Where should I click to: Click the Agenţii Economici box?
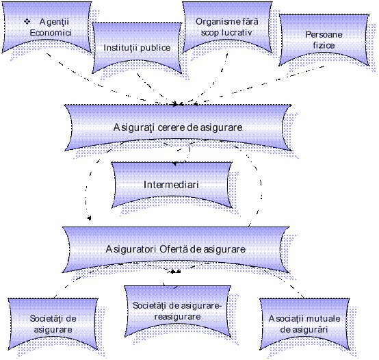tap(47, 27)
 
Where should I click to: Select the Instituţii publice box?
tap(137, 48)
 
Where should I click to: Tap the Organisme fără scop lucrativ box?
tap(227, 27)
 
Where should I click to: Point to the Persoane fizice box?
tap(324, 40)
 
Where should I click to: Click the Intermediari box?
tap(172, 185)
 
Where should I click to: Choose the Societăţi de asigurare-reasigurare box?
tap(178, 311)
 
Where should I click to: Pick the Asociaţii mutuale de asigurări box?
tap(304, 324)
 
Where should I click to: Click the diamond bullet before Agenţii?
tap(27, 22)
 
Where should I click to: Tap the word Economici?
tap(51, 33)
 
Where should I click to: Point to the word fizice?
tap(324, 45)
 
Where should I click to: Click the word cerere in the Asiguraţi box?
tap(172, 128)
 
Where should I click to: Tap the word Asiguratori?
tap(131, 249)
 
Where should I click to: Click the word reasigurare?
tap(178, 317)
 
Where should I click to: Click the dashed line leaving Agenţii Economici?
tap(112, 79)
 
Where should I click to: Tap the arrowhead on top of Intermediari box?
tap(175, 164)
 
